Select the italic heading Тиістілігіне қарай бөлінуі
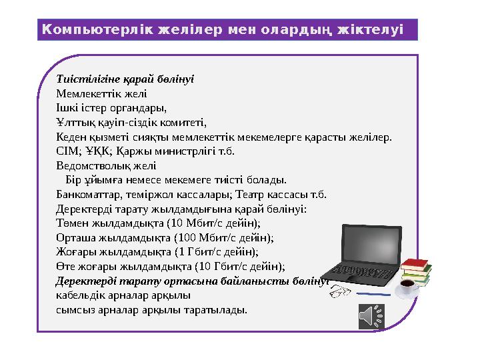[125, 79]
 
